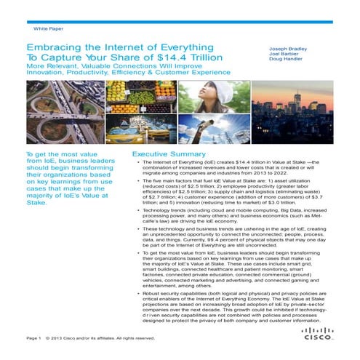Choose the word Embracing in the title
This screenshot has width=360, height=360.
click(55, 46)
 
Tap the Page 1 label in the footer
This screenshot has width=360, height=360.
click(33, 338)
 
